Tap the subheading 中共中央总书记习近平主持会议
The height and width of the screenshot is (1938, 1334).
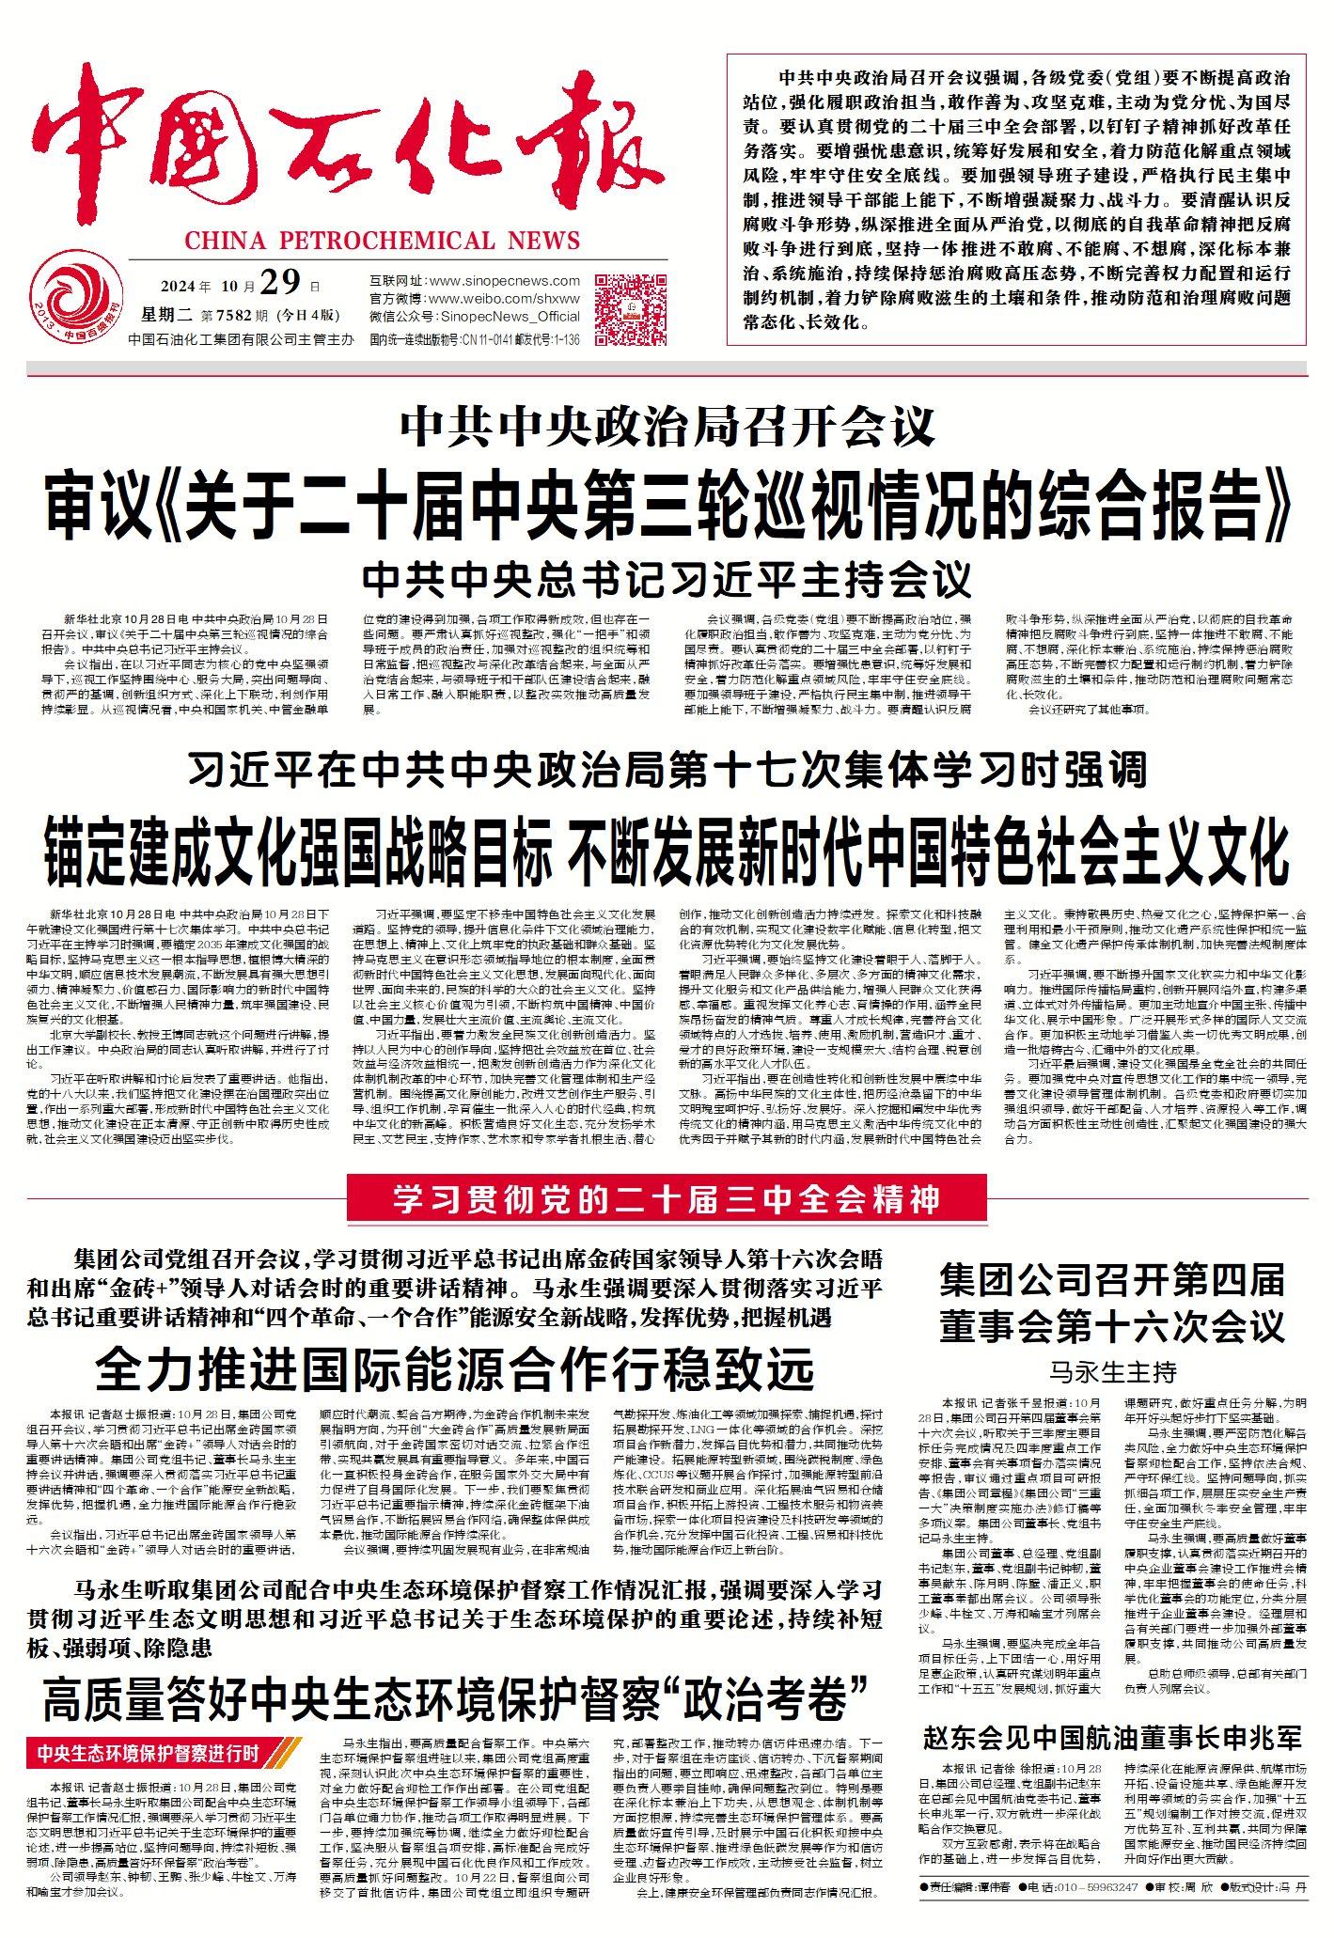(x=667, y=577)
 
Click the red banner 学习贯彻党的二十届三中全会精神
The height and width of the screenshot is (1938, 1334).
(x=666, y=1199)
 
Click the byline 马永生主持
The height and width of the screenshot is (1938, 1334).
(x=1112, y=1373)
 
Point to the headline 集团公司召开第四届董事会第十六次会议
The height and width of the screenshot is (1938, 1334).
(x=1112, y=1305)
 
